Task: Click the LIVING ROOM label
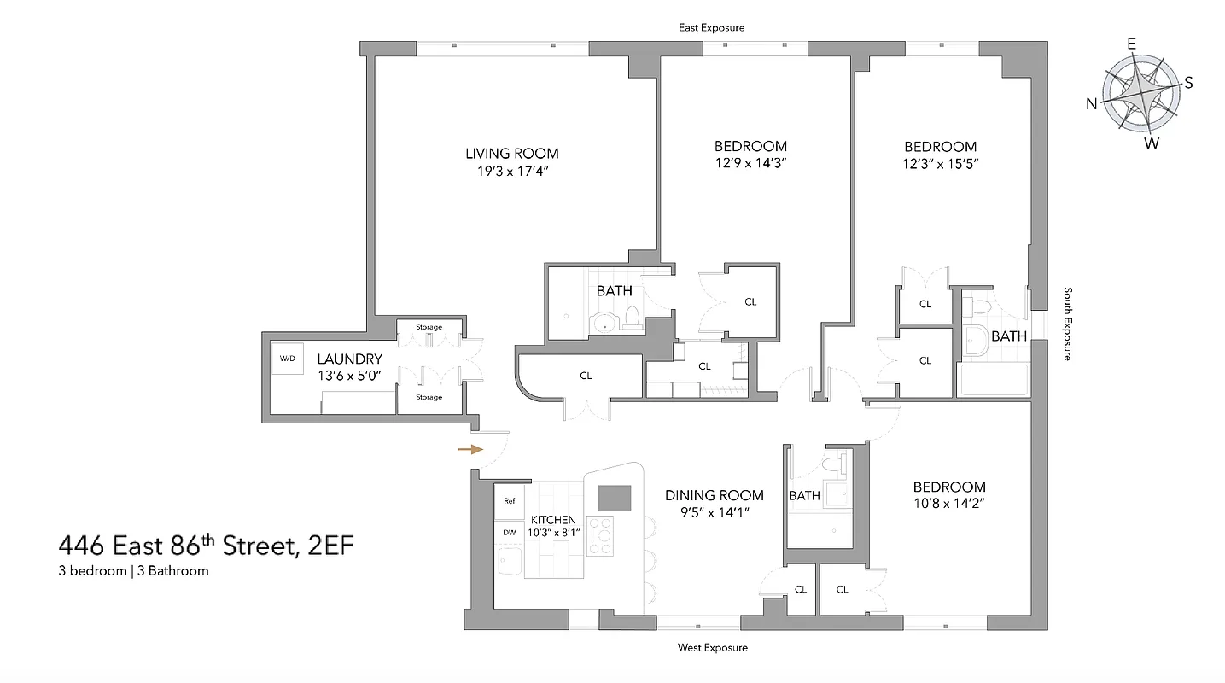[512, 154]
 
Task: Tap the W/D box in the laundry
[287, 359]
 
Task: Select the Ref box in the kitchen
[510, 501]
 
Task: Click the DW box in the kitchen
[510, 532]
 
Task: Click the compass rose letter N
[1091, 104]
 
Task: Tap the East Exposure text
[711, 27]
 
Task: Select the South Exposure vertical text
[1067, 324]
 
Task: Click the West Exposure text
[712, 647]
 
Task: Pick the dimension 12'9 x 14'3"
[750, 163]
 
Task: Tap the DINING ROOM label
[715, 495]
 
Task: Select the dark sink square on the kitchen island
[614, 497]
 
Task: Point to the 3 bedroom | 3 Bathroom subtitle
[133, 571]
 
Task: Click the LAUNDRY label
[349, 359]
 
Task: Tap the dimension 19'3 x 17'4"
[512, 171]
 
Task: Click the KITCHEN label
[553, 520]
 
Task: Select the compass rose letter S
[1187, 83]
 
